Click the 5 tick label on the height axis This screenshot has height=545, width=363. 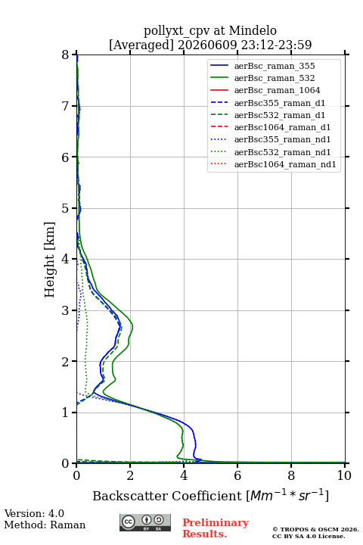point(66,208)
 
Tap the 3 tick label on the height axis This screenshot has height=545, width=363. point(66,310)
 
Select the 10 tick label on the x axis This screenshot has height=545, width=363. point(344,475)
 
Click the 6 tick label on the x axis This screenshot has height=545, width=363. point(237,475)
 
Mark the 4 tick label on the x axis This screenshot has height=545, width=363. point(184,475)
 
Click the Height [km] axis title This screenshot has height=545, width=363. point(50,260)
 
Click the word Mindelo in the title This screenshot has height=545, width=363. point(253,30)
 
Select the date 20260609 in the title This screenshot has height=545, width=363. point(207,45)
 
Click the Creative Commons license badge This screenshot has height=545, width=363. point(145,522)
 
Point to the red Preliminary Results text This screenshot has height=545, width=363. point(216,528)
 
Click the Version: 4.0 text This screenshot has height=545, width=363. point(34,513)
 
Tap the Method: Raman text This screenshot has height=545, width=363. point(45,525)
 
